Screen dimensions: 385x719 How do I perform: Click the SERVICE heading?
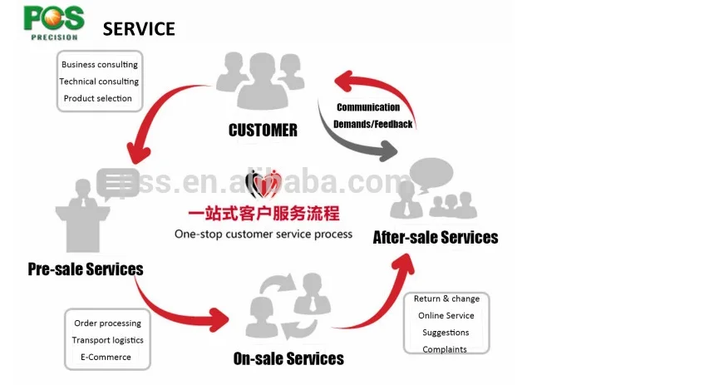pyautogui.click(x=139, y=29)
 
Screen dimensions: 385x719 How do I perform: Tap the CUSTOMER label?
pyautogui.click(x=263, y=130)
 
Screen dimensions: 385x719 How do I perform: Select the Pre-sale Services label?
pyautogui.click(x=86, y=269)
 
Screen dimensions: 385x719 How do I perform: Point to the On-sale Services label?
pyautogui.click(x=288, y=358)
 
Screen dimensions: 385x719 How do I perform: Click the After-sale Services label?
pyautogui.click(x=436, y=237)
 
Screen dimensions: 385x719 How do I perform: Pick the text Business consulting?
pyautogui.click(x=100, y=64)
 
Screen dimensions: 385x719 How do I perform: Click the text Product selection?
pyautogui.click(x=98, y=98)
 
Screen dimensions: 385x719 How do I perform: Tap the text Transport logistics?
pyautogui.click(x=107, y=340)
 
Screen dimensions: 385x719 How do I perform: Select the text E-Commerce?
pyautogui.click(x=106, y=357)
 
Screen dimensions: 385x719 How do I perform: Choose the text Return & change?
pyautogui.click(x=446, y=299)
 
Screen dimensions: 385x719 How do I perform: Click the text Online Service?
pyautogui.click(x=446, y=315)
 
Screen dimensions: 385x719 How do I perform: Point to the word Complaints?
pyautogui.click(x=445, y=349)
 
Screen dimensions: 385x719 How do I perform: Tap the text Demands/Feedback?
pyautogui.click(x=372, y=124)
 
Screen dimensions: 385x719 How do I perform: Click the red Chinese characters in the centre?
pyautogui.click(x=263, y=213)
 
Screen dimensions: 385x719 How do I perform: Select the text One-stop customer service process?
pyautogui.click(x=263, y=234)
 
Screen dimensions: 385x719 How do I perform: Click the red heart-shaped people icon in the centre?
pyautogui.click(x=264, y=182)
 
